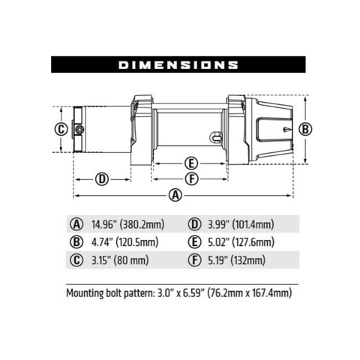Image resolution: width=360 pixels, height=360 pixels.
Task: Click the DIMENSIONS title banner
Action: point(179,65)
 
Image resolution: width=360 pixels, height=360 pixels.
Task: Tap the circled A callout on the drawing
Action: point(175,195)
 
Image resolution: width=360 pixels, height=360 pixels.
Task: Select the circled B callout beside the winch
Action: point(304,129)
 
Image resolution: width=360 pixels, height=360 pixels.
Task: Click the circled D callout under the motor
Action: point(102,178)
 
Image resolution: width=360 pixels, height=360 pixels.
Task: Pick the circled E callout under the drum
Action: point(192,163)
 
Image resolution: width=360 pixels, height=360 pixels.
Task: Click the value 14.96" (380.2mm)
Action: point(127,223)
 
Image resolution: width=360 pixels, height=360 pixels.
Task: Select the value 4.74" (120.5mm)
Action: point(124,241)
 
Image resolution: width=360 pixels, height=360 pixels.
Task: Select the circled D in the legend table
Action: point(193,223)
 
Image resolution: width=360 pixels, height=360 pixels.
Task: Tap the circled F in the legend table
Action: point(193,260)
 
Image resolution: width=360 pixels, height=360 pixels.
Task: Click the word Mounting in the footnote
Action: point(88,292)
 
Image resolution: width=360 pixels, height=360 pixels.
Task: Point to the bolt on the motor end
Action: point(79,130)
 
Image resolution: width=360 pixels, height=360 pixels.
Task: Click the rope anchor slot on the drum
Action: point(215,137)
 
